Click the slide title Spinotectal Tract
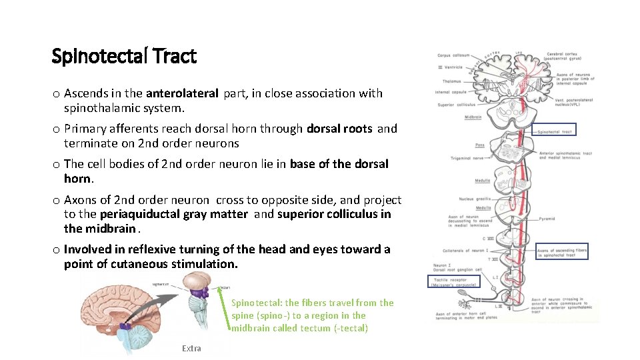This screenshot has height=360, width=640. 124,57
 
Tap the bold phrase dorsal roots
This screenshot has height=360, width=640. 340,129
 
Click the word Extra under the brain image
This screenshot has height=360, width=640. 191,348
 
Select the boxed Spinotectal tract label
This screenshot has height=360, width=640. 554,131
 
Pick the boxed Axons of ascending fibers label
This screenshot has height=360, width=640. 563,252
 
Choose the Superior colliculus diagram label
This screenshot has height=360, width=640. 456,105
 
